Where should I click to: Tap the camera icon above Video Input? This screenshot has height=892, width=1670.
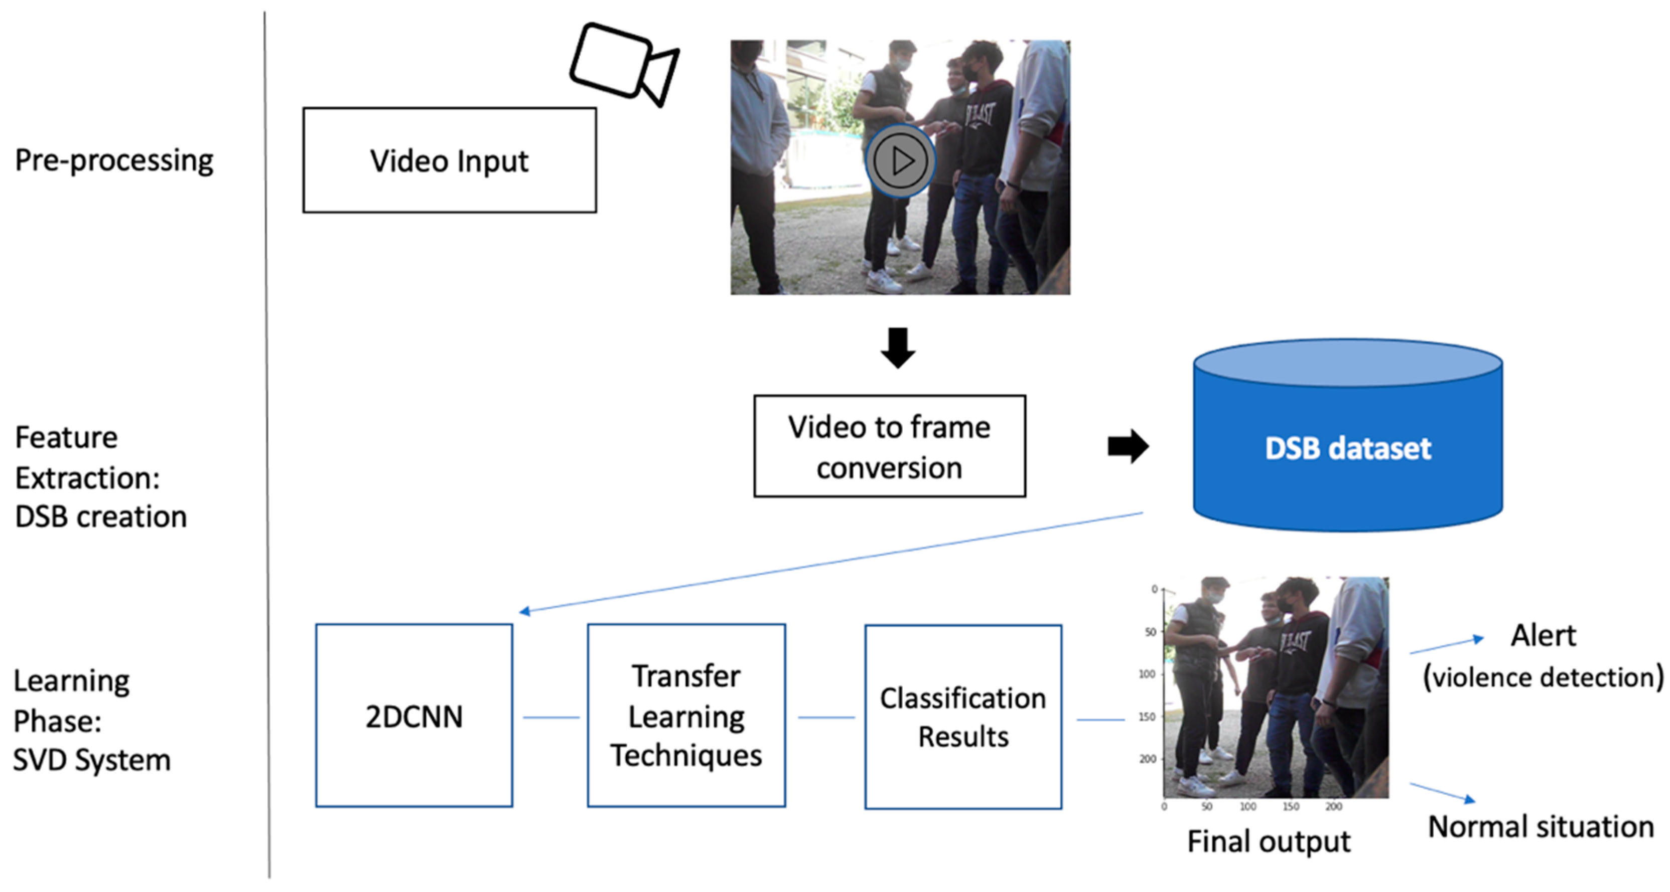(624, 64)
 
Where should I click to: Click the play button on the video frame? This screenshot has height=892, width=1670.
(900, 160)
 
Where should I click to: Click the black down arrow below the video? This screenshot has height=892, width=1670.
(898, 348)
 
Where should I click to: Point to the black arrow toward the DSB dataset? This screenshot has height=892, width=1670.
(1128, 446)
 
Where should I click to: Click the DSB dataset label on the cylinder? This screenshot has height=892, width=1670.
(1348, 448)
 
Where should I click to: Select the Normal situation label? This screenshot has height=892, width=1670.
(1541, 827)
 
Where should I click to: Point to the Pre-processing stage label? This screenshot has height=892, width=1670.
(114, 160)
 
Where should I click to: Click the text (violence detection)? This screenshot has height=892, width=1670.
(1543, 677)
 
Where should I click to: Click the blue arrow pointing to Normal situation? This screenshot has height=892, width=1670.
(1443, 793)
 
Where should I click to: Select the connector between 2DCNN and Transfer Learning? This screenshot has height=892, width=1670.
(551, 717)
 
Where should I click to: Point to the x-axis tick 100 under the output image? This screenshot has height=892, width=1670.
(1248, 806)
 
